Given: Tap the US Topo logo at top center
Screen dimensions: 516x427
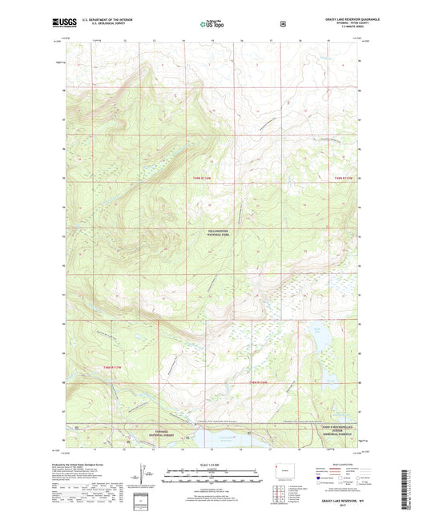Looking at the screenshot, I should tap(213, 24).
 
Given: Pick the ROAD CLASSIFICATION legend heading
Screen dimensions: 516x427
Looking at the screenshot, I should tap(336, 464).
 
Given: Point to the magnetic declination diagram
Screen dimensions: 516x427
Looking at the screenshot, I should tap(145, 476).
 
